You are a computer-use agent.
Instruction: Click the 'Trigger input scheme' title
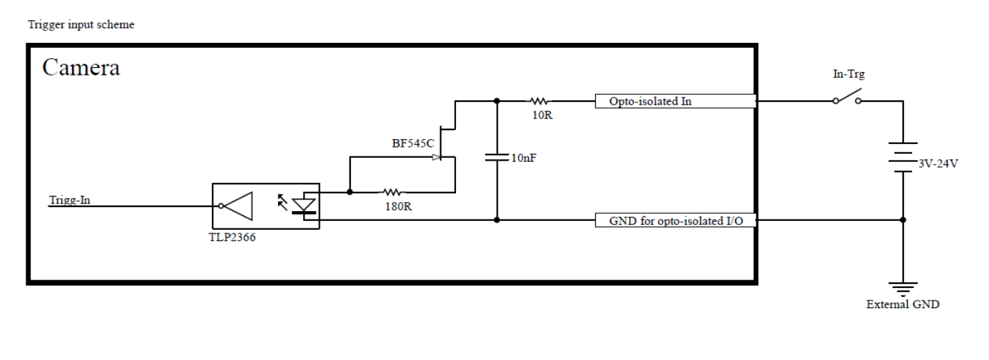pyautogui.click(x=81, y=25)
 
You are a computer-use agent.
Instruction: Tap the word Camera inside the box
pyautogui.click(x=81, y=68)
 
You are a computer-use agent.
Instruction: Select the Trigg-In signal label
pyautogui.click(x=70, y=200)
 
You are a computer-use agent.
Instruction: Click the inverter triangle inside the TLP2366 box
pyautogui.click(x=238, y=206)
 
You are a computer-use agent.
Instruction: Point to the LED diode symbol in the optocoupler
pyautogui.click(x=305, y=206)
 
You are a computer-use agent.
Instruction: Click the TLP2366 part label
pyautogui.click(x=233, y=237)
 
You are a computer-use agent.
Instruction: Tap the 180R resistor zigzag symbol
pyautogui.click(x=392, y=192)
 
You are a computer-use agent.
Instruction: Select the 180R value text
pyautogui.click(x=398, y=206)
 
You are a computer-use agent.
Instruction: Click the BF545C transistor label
pyautogui.click(x=412, y=143)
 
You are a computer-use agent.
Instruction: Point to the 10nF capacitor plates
pyautogui.click(x=497, y=157)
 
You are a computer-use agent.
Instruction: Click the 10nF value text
pyautogui.click(x=524, y=158)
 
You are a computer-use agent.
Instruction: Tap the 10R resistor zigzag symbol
pyautogui.click(x=540, y=101)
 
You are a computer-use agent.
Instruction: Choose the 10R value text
pyautogui.click(x=542, y=116)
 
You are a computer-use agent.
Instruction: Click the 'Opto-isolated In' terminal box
pyautogui.click(x=675, y=101)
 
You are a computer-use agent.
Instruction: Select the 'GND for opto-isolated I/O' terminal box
pyautogui.click(x=675, y=220)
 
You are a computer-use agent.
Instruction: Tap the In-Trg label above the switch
pyautogui.click(x=849, y=74)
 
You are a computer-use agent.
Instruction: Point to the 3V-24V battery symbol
pyautogui.click(x=903, y=157)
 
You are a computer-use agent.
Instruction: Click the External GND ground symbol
pyautogui.click(x=903, y=289)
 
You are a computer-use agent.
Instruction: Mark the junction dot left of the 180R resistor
pyautogui.click(x=350, y=192)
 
